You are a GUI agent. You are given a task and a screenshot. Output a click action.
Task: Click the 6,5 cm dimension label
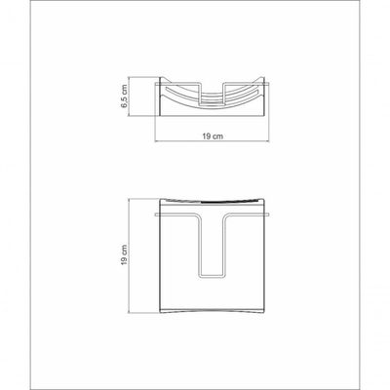(124, 97)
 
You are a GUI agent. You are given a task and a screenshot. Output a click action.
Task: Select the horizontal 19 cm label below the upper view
(213, 136)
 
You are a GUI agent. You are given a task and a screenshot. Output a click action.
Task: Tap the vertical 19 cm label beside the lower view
(124, 255)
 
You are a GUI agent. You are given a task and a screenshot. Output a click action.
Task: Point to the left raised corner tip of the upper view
(161, 77)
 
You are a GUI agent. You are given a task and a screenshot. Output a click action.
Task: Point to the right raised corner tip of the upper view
(264, 77)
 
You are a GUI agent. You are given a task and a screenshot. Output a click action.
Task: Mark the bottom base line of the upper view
(213, 116)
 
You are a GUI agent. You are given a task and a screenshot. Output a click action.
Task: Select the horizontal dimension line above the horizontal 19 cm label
(212, 141)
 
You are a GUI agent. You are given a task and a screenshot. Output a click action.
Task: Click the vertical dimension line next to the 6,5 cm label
(130, 97)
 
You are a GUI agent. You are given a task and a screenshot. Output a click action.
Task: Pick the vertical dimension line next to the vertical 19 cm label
(130, 255)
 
